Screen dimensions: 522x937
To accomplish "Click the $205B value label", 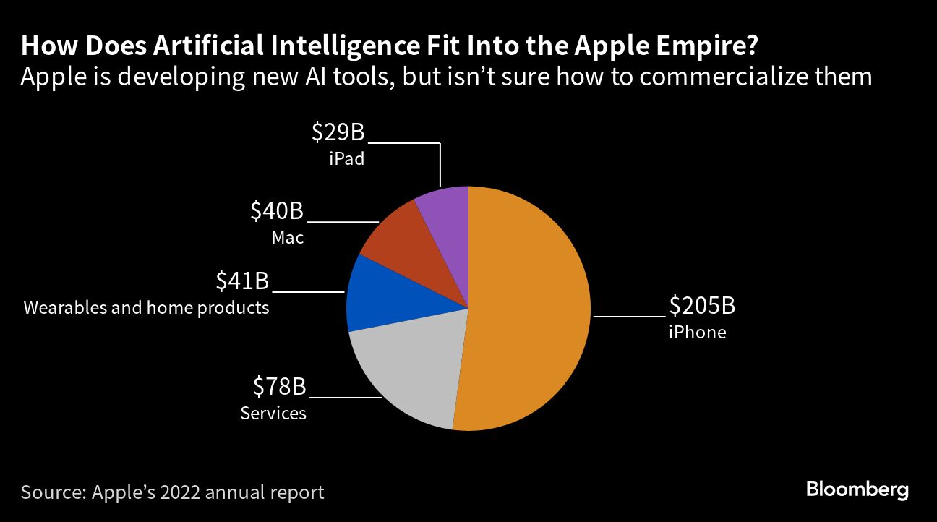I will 701,307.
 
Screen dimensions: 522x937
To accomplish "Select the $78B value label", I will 280,388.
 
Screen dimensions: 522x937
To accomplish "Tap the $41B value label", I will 242,281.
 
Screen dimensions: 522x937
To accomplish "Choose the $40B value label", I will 277,211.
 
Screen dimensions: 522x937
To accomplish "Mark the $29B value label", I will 338,133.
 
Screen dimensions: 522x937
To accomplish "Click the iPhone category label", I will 697,333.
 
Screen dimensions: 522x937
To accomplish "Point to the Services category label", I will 273,414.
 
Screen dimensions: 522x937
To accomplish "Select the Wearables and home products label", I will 146,308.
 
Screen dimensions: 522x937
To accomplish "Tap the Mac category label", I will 288,237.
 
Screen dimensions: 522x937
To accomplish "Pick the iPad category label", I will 346,158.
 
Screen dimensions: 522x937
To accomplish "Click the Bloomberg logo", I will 857,490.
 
